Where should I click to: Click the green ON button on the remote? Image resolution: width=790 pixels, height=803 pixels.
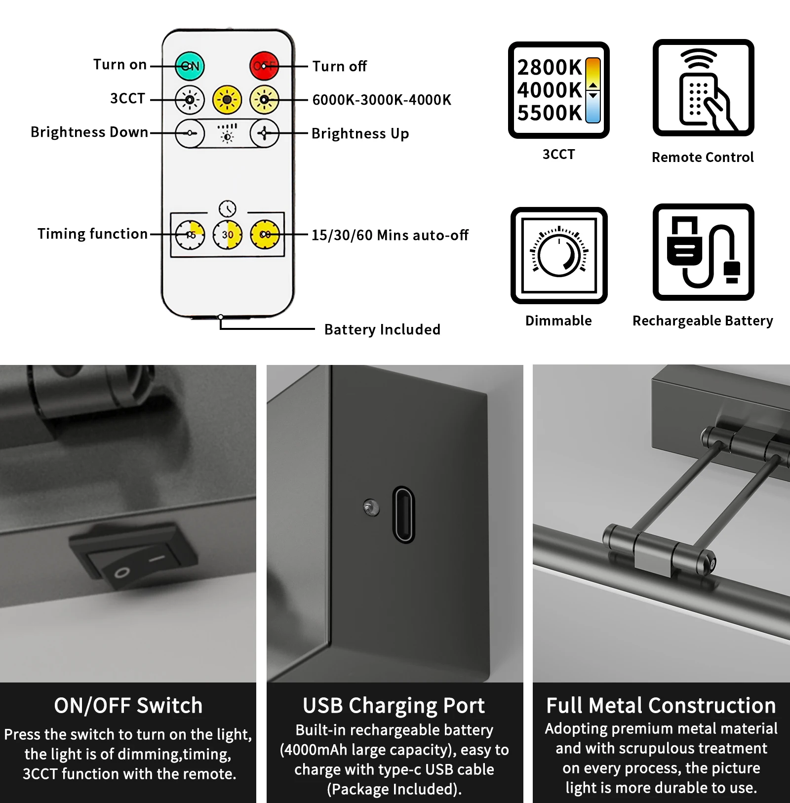coord(190,66)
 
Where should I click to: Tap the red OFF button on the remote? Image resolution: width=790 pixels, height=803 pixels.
coord(264,66)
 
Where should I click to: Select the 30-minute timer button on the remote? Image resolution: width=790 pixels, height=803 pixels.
coord(228,235)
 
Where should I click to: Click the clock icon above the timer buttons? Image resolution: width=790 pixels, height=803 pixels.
coord(228,208)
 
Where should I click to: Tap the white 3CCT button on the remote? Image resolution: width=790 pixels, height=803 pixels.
coord(190,100)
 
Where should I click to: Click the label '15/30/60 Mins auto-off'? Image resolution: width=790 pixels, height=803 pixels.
coord(390,235)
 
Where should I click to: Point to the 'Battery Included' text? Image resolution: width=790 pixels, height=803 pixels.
coord(382,329)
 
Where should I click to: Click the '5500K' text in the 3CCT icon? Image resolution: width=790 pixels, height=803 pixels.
coord(549,113)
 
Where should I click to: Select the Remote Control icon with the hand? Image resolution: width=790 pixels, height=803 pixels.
coord(703,88)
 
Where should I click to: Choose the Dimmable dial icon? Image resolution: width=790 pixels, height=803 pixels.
coord(559,255)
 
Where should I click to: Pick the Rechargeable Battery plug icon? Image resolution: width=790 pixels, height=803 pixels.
coord(703,252)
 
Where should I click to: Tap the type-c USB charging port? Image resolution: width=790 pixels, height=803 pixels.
coord(403,515)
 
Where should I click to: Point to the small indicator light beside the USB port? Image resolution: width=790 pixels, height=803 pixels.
coord(371,507)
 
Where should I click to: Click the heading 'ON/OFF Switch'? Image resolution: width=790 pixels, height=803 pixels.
coord(128,706)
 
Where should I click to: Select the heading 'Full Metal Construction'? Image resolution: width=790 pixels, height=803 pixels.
coord(661,706)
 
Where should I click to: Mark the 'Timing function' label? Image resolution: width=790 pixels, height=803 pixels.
coord(93,234)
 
